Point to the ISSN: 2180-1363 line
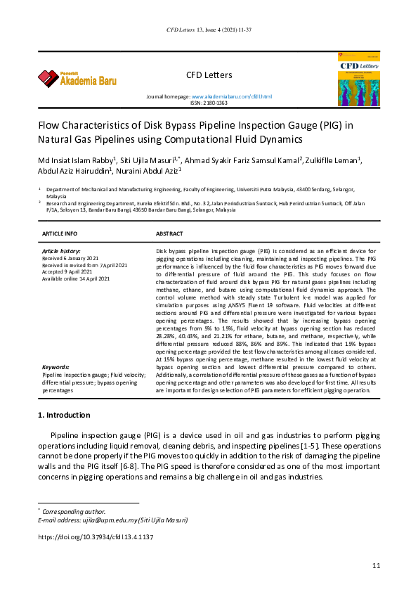pos(209,103)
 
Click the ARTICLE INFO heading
pos(60,233)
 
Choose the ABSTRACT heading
pos(169,233)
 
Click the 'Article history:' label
pos(61,251)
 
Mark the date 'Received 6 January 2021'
pos(70,258)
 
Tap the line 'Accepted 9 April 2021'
pos(69,272)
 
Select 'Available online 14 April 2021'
pos(76,279)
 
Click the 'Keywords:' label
pos(55,367)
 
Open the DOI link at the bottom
pos(95,537)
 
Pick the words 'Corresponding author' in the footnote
pos(74,511)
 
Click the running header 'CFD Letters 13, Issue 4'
pos(209,30)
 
